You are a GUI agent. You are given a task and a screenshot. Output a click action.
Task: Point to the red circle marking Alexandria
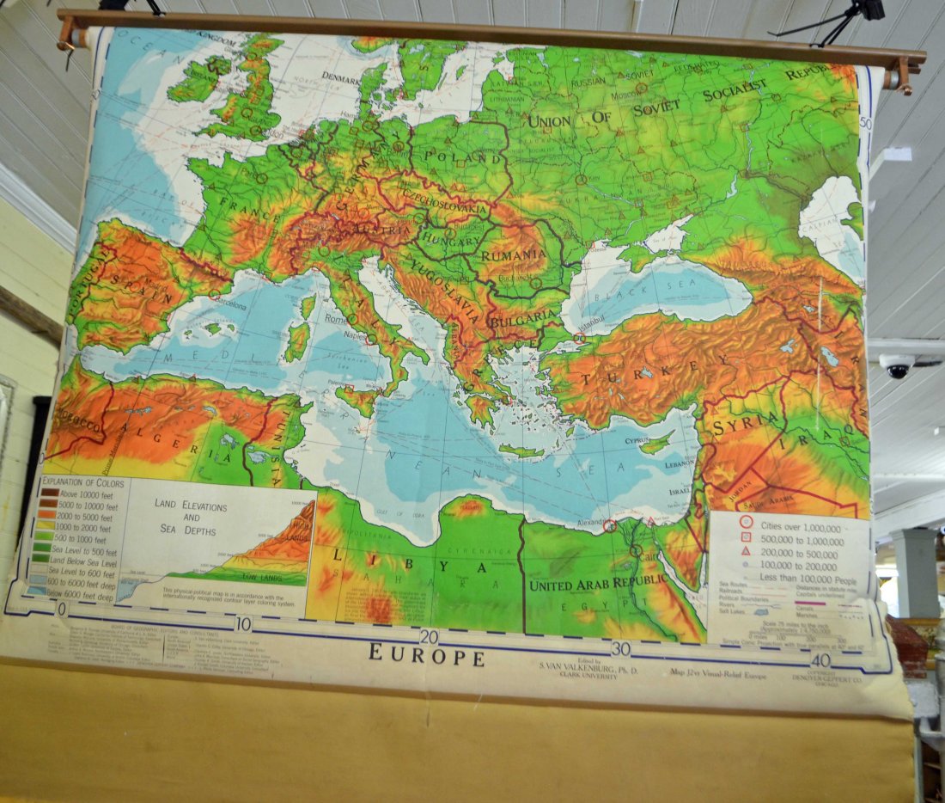610,524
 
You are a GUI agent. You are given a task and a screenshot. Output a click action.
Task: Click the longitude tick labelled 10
244,624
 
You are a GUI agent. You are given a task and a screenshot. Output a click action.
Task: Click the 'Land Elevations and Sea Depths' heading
191,518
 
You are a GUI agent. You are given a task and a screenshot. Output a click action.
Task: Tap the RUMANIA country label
514,255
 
